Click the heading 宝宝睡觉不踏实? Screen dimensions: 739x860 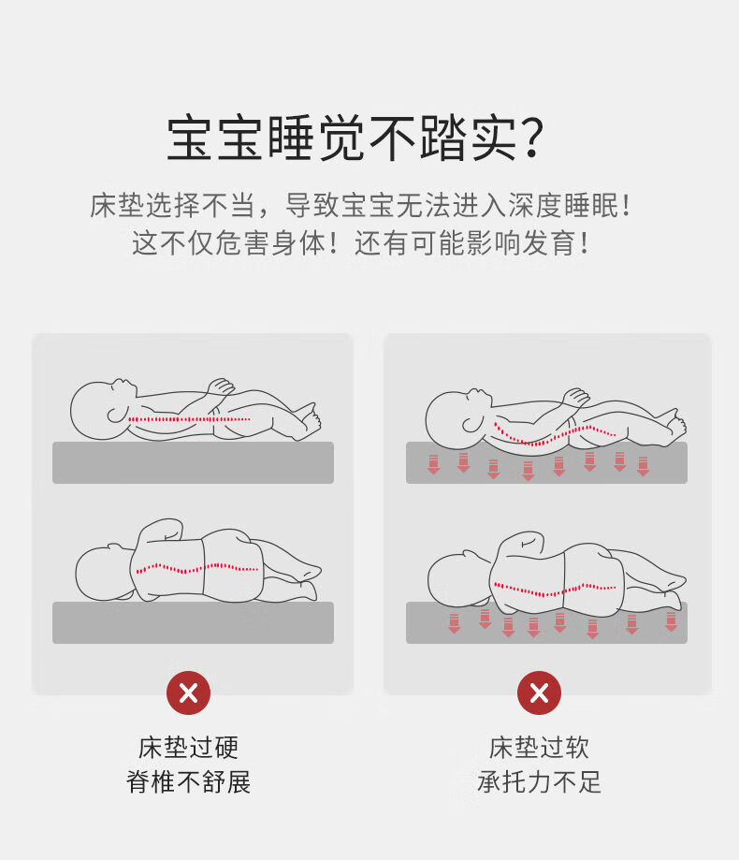355,138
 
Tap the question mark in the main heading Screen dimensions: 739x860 530,138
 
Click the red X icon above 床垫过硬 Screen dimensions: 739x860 189,692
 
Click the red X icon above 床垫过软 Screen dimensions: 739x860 539,692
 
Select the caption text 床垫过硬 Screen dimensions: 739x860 189,748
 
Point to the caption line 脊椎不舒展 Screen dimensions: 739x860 189,781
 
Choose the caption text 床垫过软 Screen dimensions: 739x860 539,748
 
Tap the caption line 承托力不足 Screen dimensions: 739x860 539,781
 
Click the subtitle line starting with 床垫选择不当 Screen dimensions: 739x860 361,206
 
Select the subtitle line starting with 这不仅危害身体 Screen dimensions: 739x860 361,243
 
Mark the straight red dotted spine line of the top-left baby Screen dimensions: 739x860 190,419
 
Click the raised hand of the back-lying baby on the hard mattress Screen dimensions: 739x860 221,386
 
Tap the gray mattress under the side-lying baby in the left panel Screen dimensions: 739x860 193,622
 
